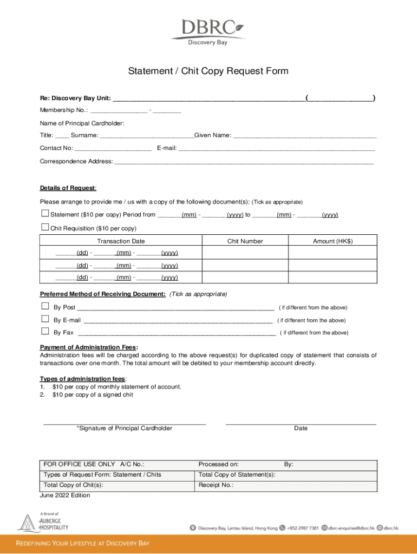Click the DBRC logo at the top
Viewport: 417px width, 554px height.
[208, 31]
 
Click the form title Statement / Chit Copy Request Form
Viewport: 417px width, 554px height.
[208, 71]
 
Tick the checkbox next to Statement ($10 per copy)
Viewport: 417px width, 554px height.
[45, 214]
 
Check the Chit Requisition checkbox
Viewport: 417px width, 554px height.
[45, 227]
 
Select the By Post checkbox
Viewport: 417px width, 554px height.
[45, 306]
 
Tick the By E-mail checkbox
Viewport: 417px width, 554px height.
[45, 319]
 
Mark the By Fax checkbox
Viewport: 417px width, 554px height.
[45, 332]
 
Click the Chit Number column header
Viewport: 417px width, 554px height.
[245, 241]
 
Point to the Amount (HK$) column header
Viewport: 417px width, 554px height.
[333, 241]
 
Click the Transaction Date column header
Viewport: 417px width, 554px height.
[121, 241]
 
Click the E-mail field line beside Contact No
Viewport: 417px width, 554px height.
[276, 148]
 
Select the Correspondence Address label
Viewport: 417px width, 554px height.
[76, 161]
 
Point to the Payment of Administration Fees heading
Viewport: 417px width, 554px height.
[89, 347]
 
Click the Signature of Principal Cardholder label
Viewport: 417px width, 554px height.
[125, 428]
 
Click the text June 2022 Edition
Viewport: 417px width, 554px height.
[65, 495]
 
